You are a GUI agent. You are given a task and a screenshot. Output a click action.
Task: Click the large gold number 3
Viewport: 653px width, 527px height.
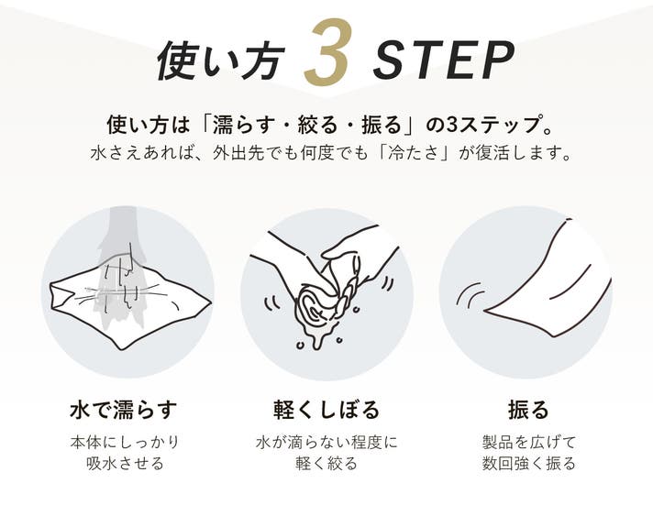(328, 51)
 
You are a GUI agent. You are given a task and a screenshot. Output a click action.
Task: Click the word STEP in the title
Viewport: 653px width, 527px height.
(443, 60)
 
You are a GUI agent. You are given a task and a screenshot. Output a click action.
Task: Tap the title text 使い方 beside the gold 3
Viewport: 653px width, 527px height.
(221, 60)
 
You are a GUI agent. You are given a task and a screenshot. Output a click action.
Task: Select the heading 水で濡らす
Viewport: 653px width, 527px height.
(124, 409)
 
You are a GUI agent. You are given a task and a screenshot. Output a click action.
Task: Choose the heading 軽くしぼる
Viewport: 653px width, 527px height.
(326, 409)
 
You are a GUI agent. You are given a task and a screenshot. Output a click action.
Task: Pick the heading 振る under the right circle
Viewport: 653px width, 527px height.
(528, 409)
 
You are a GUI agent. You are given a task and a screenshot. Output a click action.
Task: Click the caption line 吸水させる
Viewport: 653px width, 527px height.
(125, 464)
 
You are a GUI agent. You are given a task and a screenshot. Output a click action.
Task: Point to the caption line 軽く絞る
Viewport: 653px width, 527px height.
(326, 464)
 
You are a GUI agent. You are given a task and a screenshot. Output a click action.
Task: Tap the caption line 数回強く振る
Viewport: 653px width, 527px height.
(528, 464)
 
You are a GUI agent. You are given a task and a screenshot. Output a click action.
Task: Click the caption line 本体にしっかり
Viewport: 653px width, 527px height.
(125, 442)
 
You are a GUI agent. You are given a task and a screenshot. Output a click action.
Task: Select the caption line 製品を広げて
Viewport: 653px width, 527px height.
(528, 442)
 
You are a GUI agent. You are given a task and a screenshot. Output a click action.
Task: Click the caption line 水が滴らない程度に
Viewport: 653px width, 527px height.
(326, 442)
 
